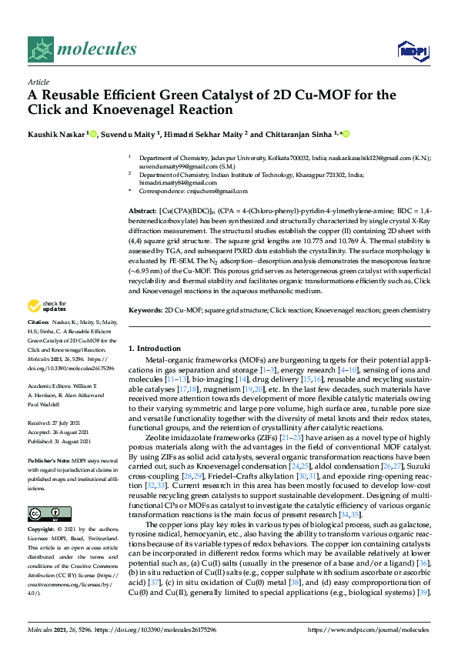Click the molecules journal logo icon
pyautogui.click(x=40, y=50)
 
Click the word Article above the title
pyautogui.click(x=38, y=81)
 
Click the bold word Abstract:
pyautogui.click(x=142, y=209)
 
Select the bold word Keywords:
pyautogui.click(x=145, y=310)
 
